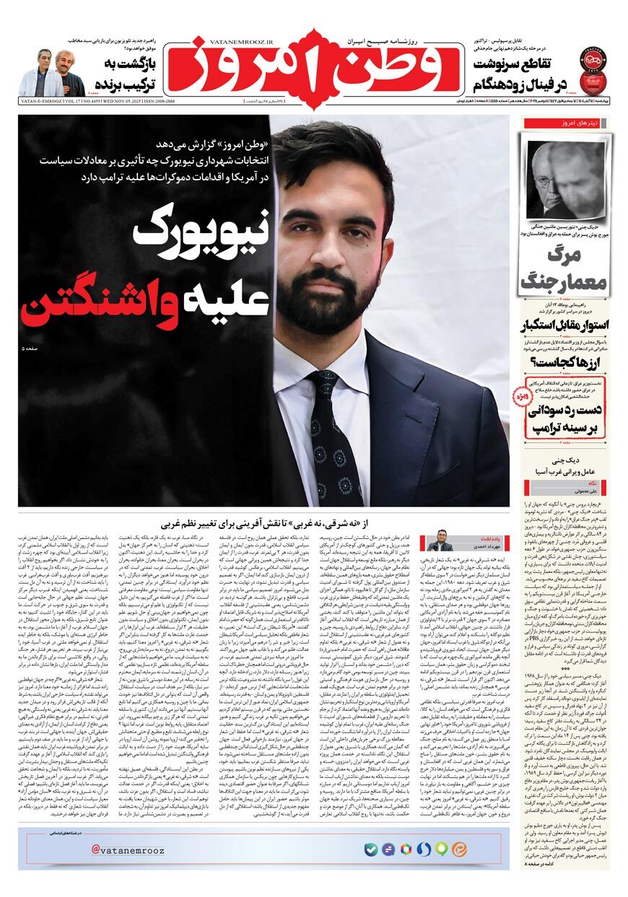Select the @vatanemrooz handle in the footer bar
(128, 849)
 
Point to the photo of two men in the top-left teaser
(51, 74)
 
